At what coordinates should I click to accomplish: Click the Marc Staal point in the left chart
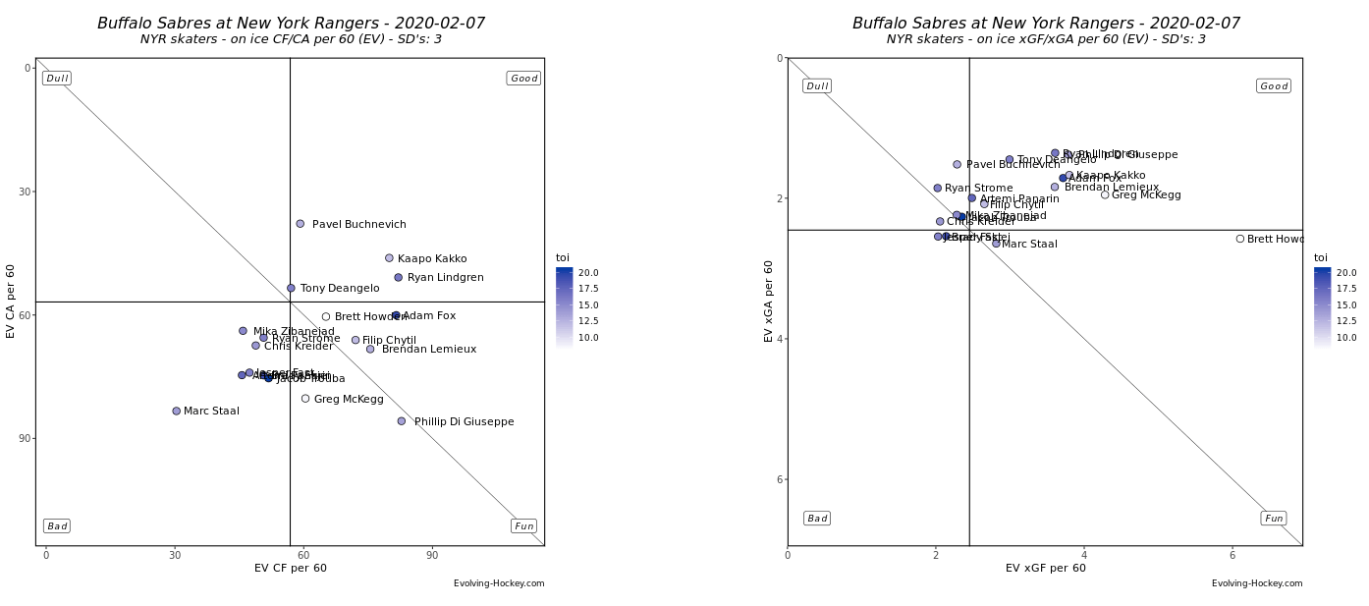[177, 412]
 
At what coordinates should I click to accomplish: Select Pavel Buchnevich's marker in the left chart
[301, 224]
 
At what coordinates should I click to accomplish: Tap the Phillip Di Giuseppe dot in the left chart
[402, 421]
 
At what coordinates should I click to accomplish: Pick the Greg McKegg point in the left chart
[305, 399]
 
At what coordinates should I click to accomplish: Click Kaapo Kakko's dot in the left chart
[389, 258]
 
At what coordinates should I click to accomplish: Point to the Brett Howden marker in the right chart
[1240, 239]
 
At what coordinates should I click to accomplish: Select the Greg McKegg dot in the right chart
[1105, 194]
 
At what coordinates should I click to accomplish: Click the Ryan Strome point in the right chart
[938, 188]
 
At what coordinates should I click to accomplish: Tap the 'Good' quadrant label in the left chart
[523, 79]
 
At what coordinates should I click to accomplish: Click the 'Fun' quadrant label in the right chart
[1274, 519]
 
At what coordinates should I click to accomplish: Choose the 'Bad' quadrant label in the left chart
[57, 526]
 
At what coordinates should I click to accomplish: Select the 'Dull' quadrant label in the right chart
[817, 86]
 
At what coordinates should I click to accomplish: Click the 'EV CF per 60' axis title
[291, 569]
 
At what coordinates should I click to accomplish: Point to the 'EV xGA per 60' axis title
[769, 301]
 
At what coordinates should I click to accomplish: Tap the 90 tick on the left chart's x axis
[432, 556]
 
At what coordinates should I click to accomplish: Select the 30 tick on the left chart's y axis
[26, 192]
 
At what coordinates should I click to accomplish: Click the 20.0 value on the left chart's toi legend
[588, 273]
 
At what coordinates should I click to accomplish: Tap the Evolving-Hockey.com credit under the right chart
[1257, 583]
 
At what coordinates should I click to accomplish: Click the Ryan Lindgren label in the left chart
[446, 278]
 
